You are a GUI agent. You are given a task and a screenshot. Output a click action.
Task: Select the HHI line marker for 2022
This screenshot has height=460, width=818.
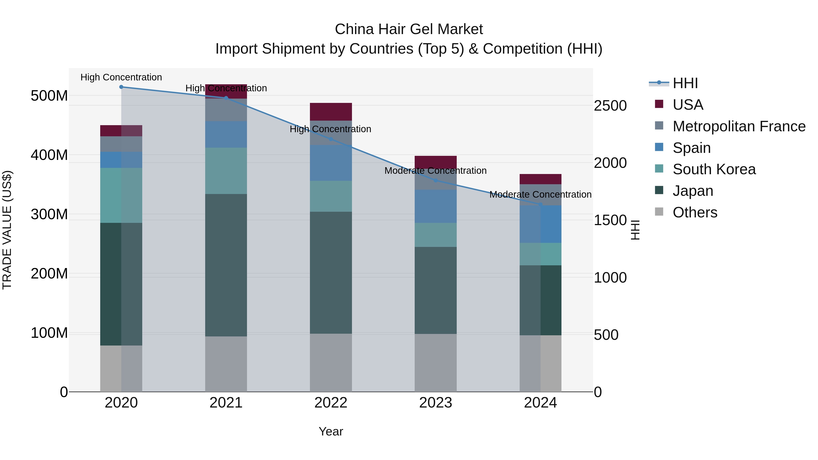pos(331,139)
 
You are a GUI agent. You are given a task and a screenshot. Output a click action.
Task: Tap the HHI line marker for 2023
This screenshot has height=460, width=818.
pos(436,180)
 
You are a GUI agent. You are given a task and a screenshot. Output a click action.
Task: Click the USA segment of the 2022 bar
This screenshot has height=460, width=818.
pos(331,112)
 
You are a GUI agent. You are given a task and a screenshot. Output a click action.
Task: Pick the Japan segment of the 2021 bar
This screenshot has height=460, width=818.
pos(226,265)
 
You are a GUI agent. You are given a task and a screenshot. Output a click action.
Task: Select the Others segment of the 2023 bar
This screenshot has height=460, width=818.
pos(435,363)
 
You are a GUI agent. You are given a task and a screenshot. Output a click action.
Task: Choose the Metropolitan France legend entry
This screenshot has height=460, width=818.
pos(739,126)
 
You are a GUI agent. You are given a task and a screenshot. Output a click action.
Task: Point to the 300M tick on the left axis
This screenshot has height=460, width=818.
pos(49,214)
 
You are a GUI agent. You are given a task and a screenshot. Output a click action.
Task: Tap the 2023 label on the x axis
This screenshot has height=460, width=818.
pos(435,403)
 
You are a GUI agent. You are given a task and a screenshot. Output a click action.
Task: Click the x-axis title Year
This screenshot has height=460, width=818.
pos(331,431)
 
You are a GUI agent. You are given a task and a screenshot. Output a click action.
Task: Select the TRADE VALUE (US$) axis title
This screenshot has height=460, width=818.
pos(7,230)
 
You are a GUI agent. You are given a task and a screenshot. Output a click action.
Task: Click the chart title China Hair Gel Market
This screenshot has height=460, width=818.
pos(409,29)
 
